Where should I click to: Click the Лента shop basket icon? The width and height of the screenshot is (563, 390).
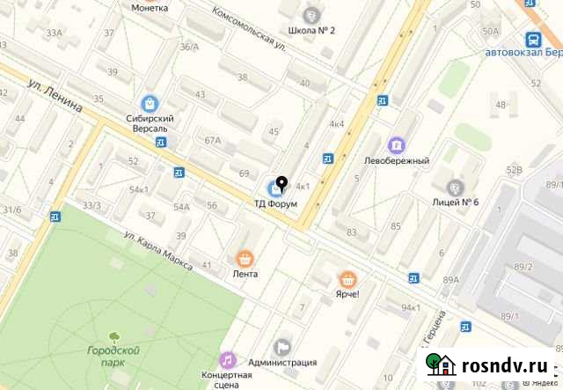tap(245, 259)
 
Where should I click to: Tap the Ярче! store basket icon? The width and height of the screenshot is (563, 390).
tap(348, 279)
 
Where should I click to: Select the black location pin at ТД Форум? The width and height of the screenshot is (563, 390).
tap(281, 184)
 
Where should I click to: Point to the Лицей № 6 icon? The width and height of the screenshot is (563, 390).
tap(455, 187)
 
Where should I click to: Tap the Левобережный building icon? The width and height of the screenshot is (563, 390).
tap(397, 144)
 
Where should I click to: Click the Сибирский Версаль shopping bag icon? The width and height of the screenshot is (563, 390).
tap(150, 103)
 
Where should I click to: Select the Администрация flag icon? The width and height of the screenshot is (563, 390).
tap(281, 348)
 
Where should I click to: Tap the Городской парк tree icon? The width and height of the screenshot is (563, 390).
tap(114, 335)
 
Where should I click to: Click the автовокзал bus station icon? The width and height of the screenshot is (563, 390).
tap(533, 39)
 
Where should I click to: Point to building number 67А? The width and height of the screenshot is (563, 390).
tap(212, 141)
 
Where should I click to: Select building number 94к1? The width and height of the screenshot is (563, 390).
tap(410, 307)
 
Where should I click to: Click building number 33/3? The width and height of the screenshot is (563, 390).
tap(91, 205)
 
